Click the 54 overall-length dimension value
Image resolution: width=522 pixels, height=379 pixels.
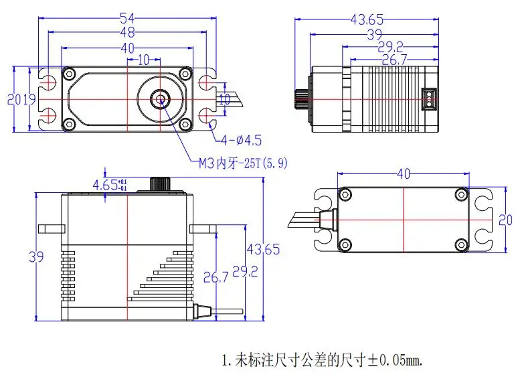tap(128, 17)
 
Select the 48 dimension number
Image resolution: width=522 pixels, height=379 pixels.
tap(128, 31)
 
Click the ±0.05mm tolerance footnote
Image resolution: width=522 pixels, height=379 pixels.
tap(322, 360)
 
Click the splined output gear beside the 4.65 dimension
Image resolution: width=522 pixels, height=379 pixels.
tap(159, 185)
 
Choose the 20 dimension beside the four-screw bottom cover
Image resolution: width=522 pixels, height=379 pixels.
tap(507, 220)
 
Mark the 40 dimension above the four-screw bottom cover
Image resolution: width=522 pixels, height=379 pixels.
tap(403, 175)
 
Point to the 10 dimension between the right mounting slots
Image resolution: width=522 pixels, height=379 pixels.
tap(224, 100)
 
